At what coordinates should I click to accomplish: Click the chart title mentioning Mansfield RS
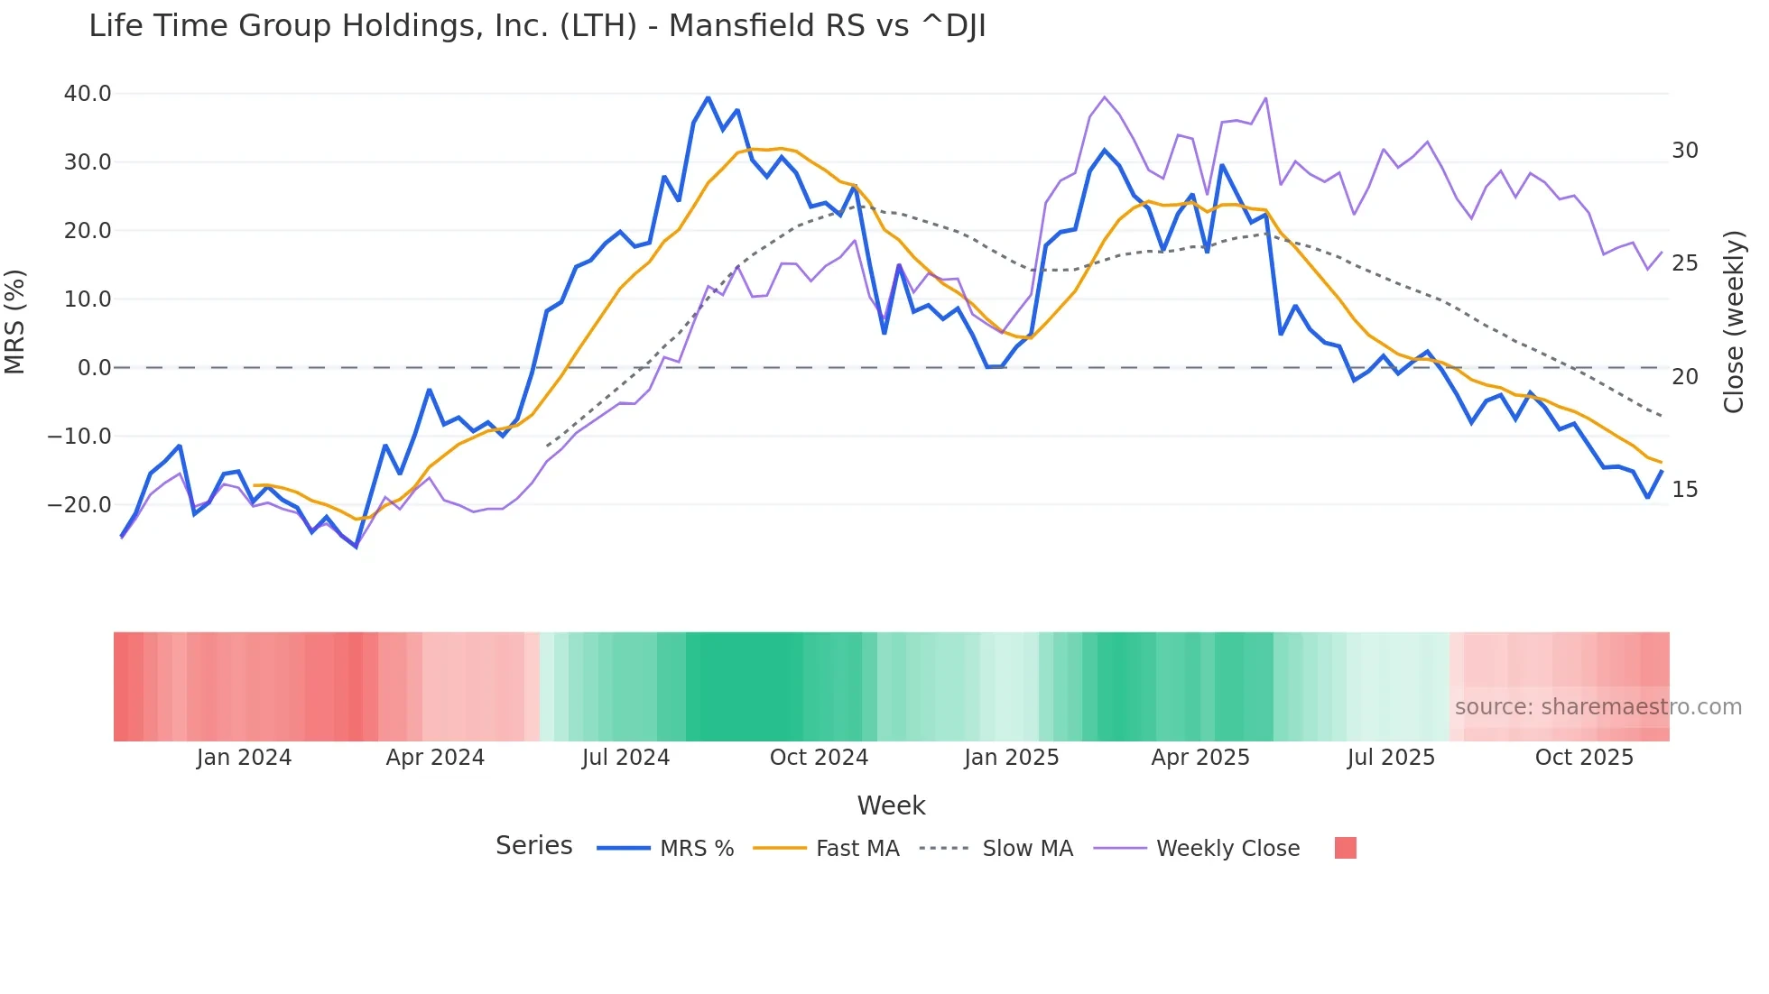[537, 26]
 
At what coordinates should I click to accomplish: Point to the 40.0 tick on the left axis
[88, 94]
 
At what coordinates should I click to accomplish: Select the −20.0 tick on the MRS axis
[79, 505]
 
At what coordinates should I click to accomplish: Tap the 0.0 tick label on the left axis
[95, 368]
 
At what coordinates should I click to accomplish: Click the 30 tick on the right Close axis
[1684, 151]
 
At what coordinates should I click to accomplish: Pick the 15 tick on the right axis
[1684, 490]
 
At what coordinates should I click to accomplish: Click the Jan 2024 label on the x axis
[244, 758]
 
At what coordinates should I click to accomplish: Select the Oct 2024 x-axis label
[819, 758]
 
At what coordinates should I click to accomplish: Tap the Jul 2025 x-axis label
[1391, 758]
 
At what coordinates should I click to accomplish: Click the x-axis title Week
[891, 805]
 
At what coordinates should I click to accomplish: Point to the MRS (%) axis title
[15, 321]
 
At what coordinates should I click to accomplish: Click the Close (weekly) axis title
[1733, 322]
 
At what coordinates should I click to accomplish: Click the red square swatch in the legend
[1345, 848]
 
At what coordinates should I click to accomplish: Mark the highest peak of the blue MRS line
[708, 97]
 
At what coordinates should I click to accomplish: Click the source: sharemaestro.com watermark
[1598, 707]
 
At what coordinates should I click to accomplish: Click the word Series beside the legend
[533, 846]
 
